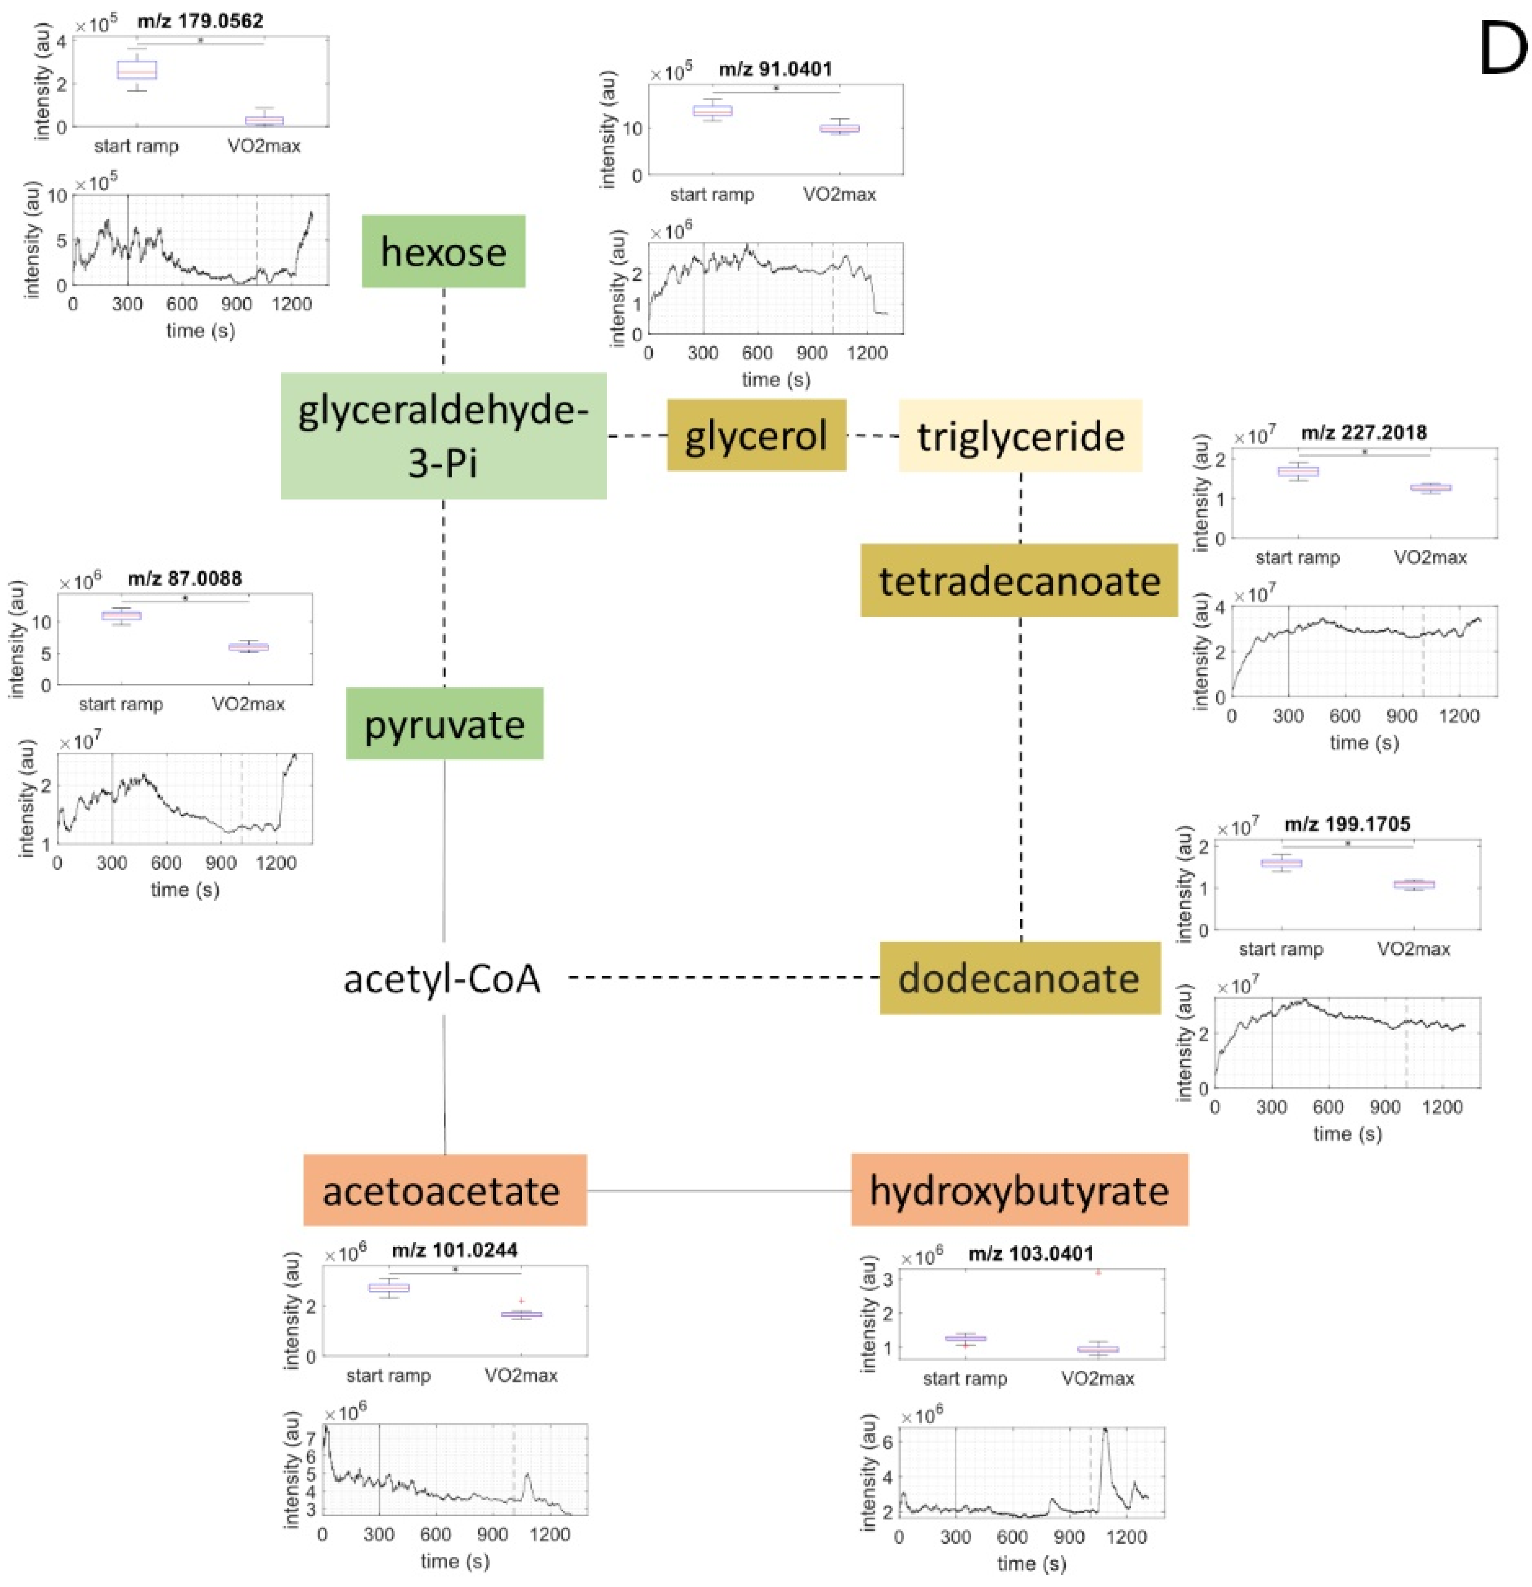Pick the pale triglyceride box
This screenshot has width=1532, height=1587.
pos(1020,435)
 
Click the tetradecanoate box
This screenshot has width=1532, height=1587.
pos(1019,580)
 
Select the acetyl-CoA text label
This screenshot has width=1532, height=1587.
pos(442,978)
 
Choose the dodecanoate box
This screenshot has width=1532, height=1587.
pos(1019,978)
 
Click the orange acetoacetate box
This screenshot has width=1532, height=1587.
pos(444,1190)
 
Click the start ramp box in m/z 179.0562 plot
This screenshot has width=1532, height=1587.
pos(137,70)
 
